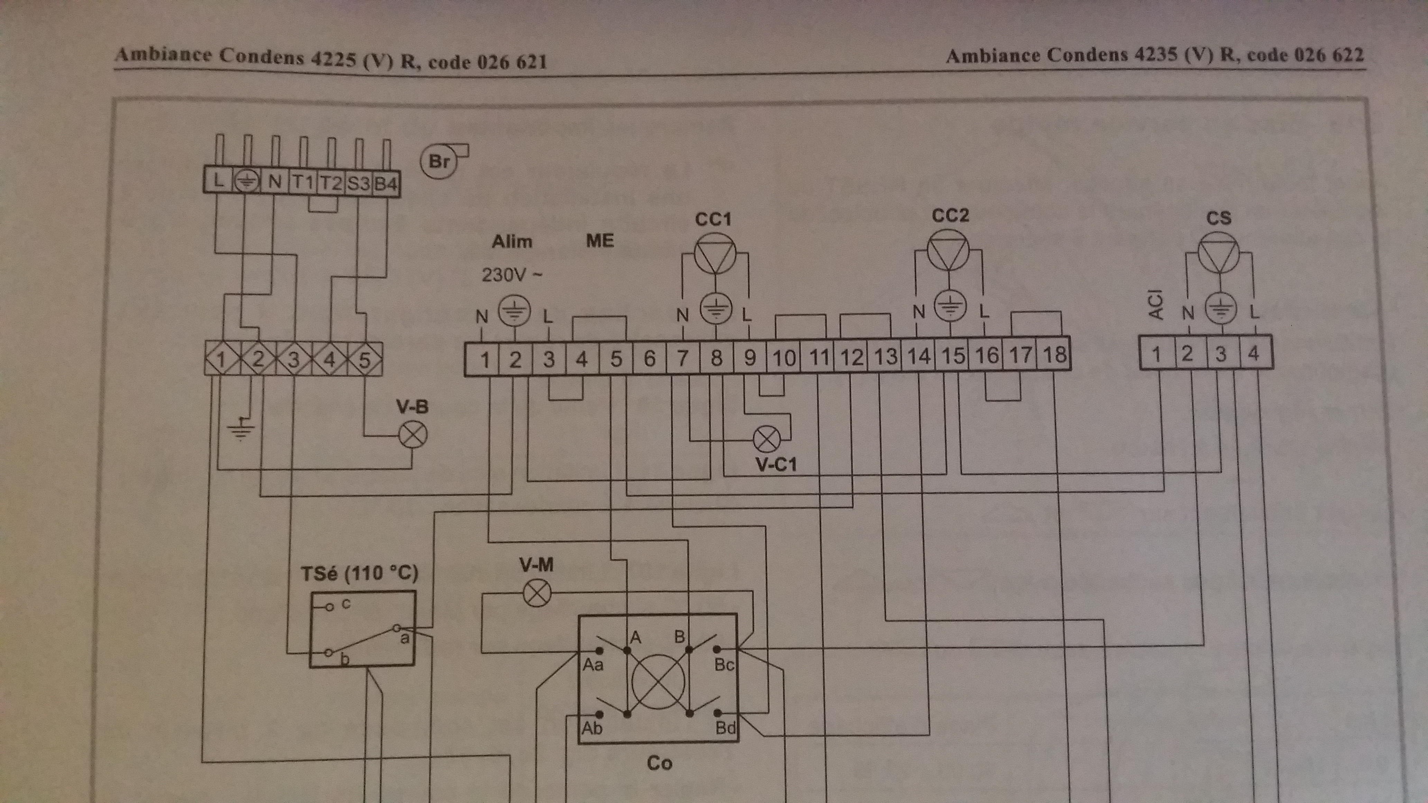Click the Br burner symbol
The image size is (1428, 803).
(x=439, y=161)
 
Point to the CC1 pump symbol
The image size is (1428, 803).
(x=715, y=254)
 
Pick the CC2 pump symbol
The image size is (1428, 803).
(x=949, y=250)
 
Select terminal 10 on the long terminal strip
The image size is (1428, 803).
(x=784, y=358)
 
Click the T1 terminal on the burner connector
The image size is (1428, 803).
(x=303, y=182)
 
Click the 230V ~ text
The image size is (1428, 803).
(x=511, y=274)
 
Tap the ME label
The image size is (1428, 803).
(x=600, y=241)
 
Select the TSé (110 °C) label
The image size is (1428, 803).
(x=359, y=573)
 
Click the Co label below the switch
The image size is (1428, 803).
(x=659, y=763)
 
